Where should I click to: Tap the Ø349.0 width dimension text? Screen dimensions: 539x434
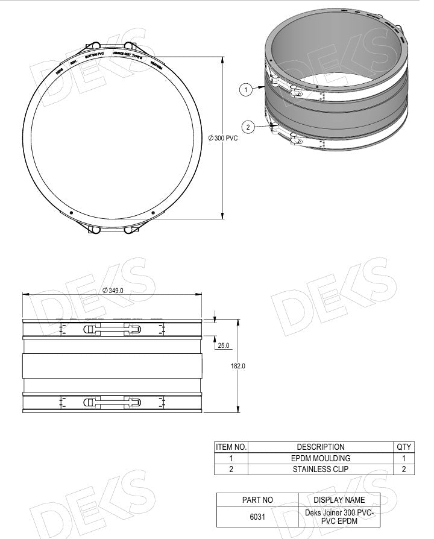click(x=113, y=290)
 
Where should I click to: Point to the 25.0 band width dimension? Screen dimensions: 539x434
click(x=224, y=345)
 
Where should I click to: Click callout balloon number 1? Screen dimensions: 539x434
click(x=245, y=90)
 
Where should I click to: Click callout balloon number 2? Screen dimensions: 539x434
click(x=248, y=126)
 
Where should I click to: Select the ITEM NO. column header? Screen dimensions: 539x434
click(x=231, y=447)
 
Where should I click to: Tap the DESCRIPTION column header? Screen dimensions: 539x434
click(x=320, y=447)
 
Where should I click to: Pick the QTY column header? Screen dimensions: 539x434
click(x=403, y=447)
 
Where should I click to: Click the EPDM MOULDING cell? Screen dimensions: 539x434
click(x=320, y=458)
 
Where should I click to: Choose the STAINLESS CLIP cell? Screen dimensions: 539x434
click(x=320, y=469)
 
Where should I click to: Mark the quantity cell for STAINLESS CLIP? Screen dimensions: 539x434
click(x=403, y=469)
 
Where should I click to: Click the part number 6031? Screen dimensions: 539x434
click(x=257, y=517)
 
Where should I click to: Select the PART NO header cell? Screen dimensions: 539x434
click(x=257, y=500)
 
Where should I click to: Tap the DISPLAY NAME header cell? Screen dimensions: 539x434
click(x=339, y=500)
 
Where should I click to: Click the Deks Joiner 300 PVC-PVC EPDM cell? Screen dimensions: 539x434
click(x=339, y=517)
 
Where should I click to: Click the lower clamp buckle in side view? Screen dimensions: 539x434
click(x=113, y=402)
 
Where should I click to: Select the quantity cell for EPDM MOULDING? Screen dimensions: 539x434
click(x=403, y=458)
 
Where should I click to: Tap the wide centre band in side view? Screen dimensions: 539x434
click(x=113, y=365)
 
